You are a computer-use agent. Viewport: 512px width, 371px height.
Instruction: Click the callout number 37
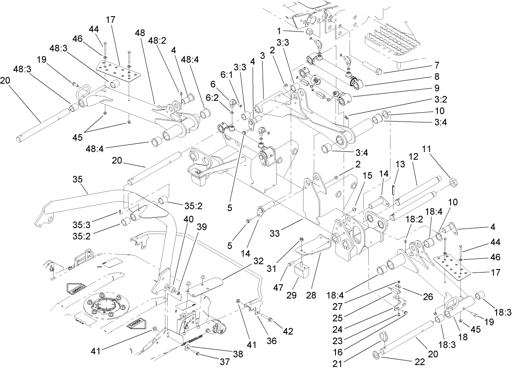(224, 362)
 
